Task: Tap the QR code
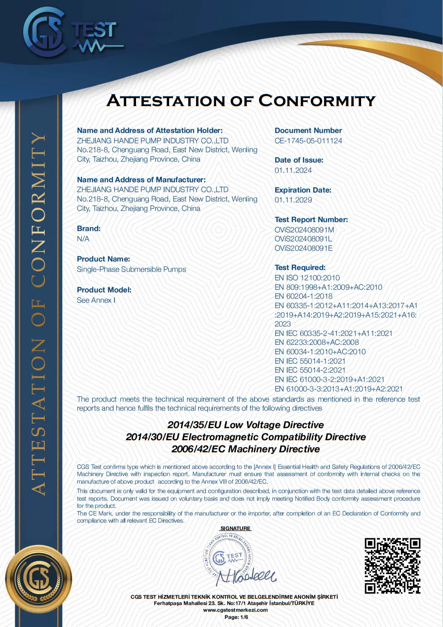click(x=392, y=565)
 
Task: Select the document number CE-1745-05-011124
click(x=308, y=141)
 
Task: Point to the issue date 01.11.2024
click(x=293, y=170)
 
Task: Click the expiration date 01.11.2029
click(x=293, y=200)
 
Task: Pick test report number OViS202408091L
click(x=303, y=239)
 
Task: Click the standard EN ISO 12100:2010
click(x=307, y=278)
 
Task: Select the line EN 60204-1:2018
click(x=303, y=296)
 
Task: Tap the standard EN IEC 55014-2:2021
click(x=310, y=370)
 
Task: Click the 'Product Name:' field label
click(x=103, y=259)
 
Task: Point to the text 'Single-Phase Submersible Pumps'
click(x=131, y=269)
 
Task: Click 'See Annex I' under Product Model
click(x=96, y=300)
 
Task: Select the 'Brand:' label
click(x=89, y=228)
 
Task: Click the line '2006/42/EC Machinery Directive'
click(x=246, y=449)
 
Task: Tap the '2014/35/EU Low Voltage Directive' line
click(x=246, y=425)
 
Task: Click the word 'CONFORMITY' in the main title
click(x=317, y=101)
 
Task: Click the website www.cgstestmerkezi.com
click(x=235, y=610)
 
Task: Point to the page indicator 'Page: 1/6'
click(x=236, y=617)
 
